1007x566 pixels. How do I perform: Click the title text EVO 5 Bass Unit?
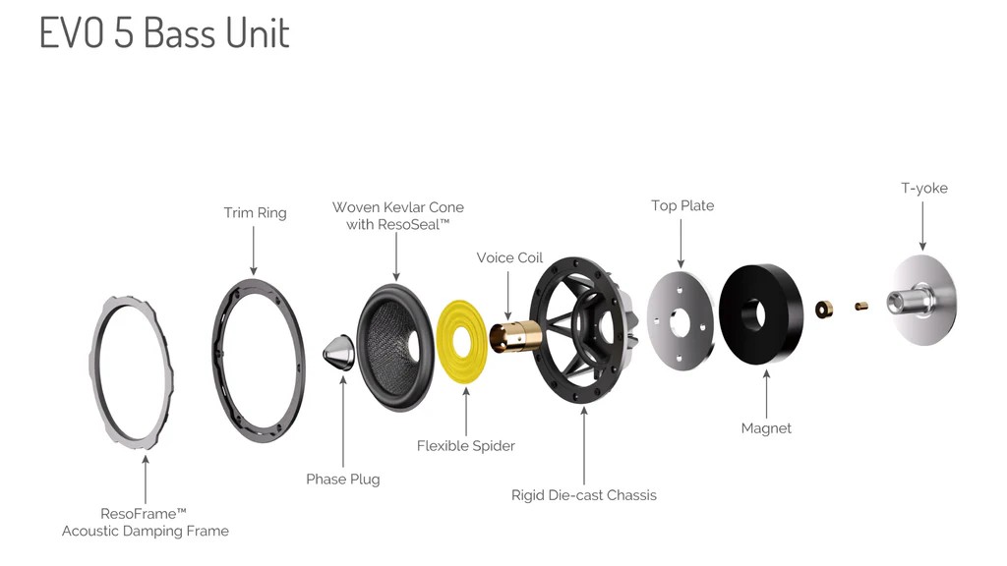[x=164, y=32]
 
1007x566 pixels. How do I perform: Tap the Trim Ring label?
[x=255, y=212]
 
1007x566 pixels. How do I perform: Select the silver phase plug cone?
[x=338, y=353]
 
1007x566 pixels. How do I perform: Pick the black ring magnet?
[x=761, y=314]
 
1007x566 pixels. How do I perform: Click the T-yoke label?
[x=924, y=188]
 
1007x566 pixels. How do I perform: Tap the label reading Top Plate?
[x=682, y=205]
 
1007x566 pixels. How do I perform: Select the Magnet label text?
[x=766, y=428]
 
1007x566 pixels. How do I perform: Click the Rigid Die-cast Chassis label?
[x=584, y=495]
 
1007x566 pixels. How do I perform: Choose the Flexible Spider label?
[x=465, y=445]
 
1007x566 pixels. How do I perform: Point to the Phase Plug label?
[x=343, y=479]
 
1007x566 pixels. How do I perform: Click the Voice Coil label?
[x=509, y=257]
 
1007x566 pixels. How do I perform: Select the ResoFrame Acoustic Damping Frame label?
[x=146, y=523]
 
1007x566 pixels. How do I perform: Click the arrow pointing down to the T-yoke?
[x=922, y=226]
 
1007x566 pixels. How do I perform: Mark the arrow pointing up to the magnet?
[x=766, y=395]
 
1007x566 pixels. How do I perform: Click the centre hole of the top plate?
[x=680, y=321]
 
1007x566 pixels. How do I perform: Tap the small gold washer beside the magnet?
[x=824, y=310]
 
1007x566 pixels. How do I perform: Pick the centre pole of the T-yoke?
[x=907, y=301]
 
